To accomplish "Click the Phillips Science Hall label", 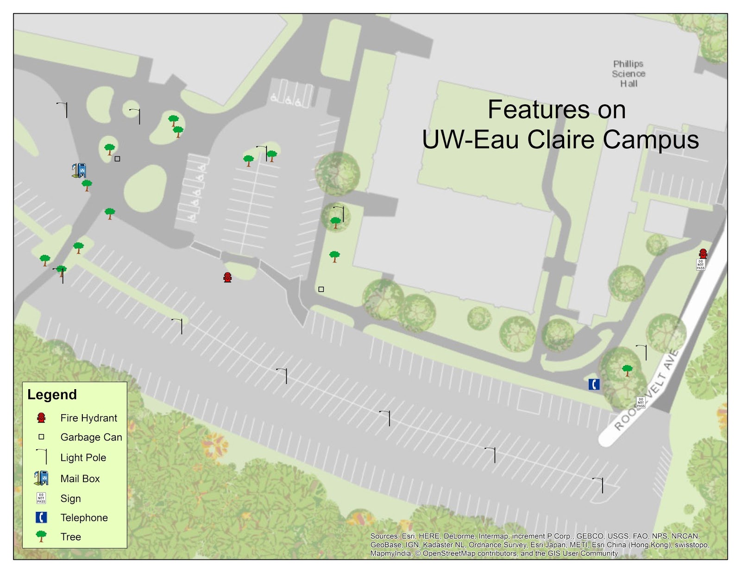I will pos(628,74).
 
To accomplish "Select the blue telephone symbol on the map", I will pos(594,384).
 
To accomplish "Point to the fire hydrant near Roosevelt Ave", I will pos(703,253).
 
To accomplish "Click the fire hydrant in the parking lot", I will pos(227,277).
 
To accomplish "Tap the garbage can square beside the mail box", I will pos(117,159).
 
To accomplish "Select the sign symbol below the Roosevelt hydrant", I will pos(700,264).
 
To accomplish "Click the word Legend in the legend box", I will pos(52,395).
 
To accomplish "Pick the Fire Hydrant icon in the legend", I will pos(41,418).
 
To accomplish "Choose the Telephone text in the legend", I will pos(84,518).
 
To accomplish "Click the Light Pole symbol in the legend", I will pos(42,457).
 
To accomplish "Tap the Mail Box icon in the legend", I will pos(41,478).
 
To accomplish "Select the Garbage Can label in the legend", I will pos(91,437).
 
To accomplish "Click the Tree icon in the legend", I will pos(41,536).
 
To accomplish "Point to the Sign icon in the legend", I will pos(41,498).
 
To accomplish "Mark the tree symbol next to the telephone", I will pos(627,370).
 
